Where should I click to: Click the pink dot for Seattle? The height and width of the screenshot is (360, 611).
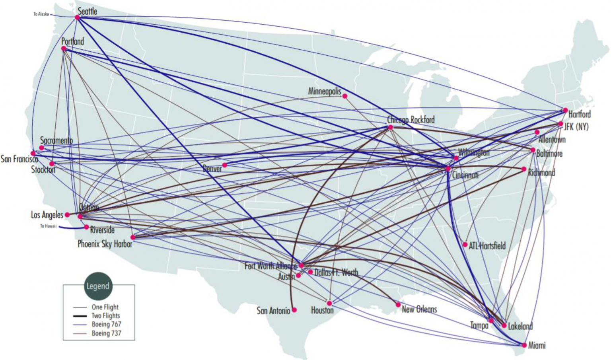click(x=77, y=18)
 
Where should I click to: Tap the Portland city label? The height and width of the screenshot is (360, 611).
click(x=72, y=41)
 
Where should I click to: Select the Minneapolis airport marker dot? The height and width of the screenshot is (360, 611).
click(x=345, y=96)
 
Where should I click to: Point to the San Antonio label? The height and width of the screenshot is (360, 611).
click(x=273, y=311)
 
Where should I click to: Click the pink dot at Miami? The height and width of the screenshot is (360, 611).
click(x=524, y=345)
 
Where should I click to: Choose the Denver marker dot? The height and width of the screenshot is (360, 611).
click(x=225, y=165)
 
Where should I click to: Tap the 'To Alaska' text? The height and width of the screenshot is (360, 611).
click(x=41, y=14)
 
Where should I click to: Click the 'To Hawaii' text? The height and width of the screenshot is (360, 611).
click(x=48, y=226)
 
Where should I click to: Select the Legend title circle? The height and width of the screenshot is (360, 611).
click(x=97, y=286)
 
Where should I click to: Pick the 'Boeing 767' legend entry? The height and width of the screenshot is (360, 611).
click(x=106, y=325)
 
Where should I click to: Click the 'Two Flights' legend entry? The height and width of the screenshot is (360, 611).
click(x=105, y=316)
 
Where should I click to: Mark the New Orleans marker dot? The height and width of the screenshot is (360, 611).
click(x=398, y=305)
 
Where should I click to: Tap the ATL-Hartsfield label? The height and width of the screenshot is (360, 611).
click(x=487, y=246)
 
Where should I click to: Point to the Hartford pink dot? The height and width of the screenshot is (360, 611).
click(x=565, y=110)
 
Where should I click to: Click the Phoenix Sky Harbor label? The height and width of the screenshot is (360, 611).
click(x=105, y=244)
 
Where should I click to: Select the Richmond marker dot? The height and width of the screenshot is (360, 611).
click(x=524, y=169)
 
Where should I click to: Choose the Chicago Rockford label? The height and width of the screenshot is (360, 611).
click(x=411, y=120)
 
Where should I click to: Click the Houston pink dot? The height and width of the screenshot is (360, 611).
click(x=329, y=303)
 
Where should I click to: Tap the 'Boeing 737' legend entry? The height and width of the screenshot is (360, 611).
click(x=106, y=333)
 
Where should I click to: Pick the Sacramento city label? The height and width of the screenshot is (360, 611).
click(x=56, y=140)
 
